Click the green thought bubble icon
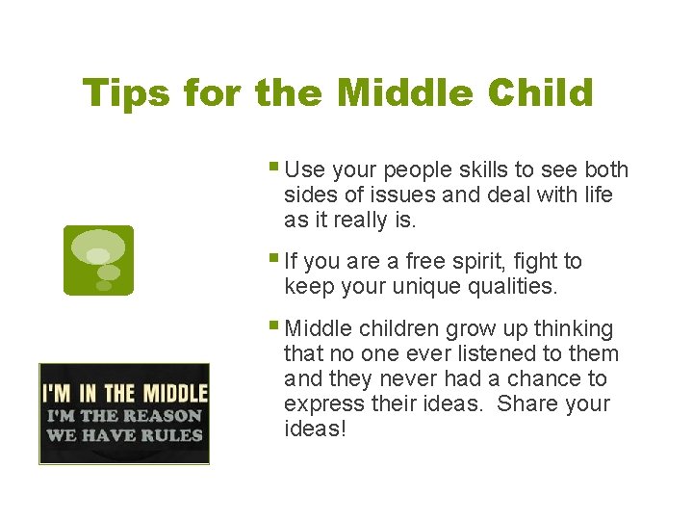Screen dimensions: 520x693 tap(98, 260)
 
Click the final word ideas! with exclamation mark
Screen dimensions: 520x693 tap(315, 429)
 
